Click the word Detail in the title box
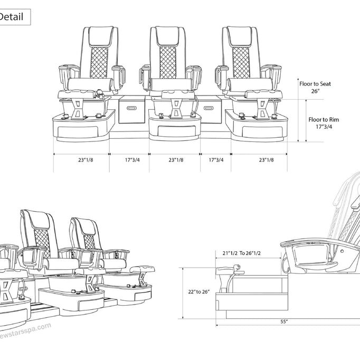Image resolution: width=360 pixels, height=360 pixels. click(11, 17)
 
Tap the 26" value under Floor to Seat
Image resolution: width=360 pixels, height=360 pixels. click(316, 91)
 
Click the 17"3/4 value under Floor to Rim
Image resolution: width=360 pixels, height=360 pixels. click(324, 127)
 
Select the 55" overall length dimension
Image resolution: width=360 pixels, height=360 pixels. click(283, 321)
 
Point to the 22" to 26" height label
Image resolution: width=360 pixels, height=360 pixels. click(198, 291)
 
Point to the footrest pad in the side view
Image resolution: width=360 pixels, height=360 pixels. click(229, 272)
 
